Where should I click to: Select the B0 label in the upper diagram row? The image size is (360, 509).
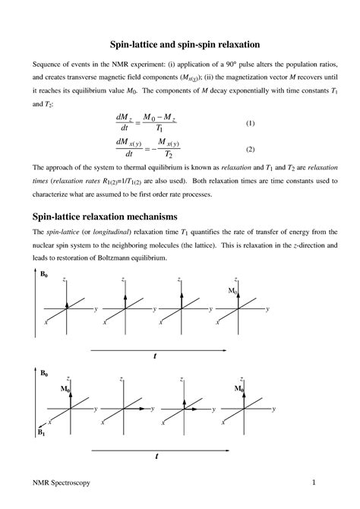point(44,273)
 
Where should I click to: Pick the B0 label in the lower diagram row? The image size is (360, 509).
point(44,374)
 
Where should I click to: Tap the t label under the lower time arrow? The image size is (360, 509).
point(156,456)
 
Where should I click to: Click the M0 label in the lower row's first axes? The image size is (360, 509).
point(65,388)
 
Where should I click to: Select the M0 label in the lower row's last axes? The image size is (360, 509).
point(238,388)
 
